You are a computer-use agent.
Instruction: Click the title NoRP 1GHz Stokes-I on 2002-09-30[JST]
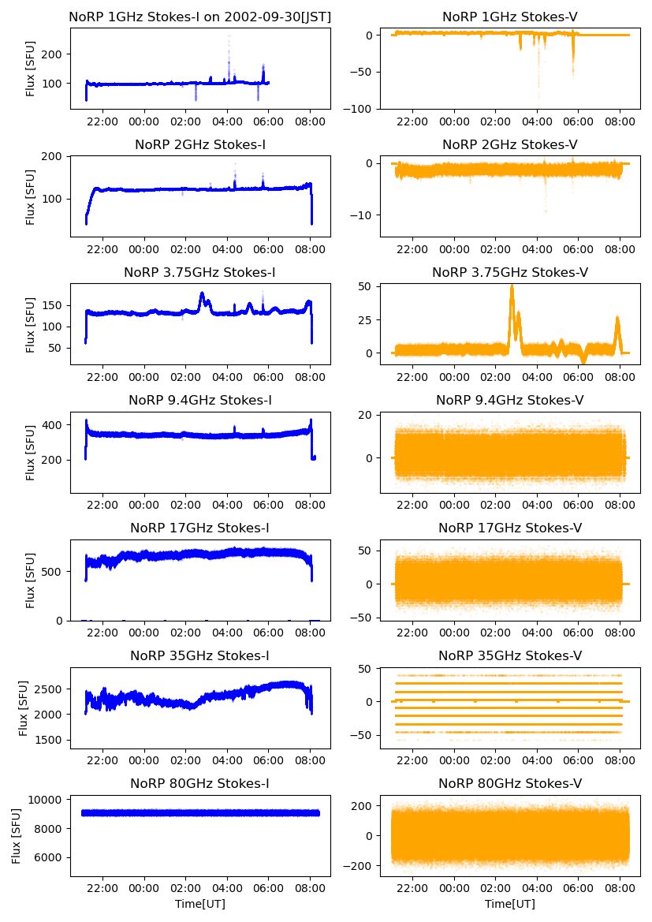(x=200, y=17)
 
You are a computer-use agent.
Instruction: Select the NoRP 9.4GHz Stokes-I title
(x=200, y=400)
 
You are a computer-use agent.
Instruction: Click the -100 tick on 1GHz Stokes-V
(x=361, y=108)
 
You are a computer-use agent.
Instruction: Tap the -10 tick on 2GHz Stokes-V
(x=365, y=215)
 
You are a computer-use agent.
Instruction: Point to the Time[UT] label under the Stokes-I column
(x=200, y=904)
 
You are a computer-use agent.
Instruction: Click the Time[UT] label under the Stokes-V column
(x=510, y=904)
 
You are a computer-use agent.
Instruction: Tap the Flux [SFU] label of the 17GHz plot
(x=31, y=580)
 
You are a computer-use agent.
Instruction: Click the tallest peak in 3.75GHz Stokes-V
(x=512, y=286)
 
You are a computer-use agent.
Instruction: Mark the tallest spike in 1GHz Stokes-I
(x=229, y=35)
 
